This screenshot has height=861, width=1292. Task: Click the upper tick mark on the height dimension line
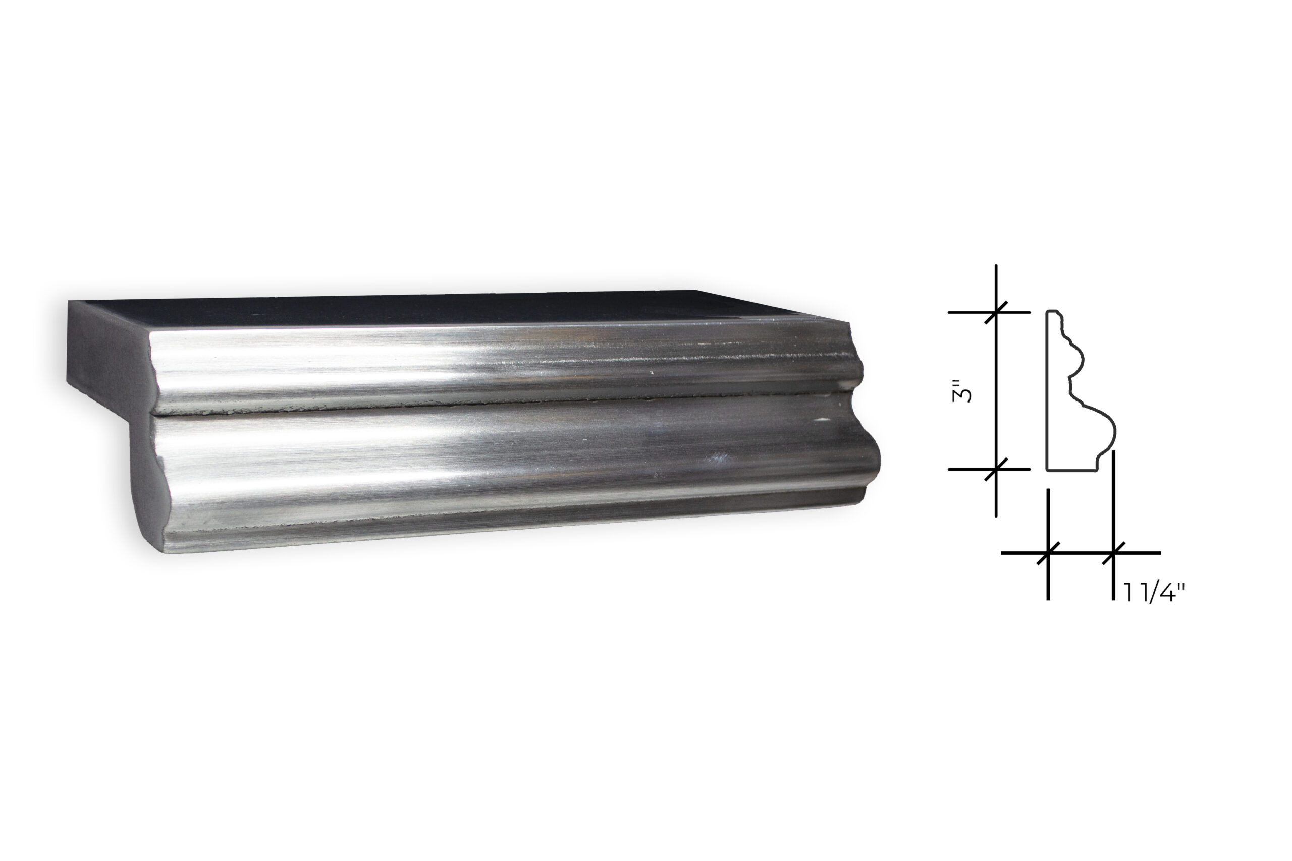996,312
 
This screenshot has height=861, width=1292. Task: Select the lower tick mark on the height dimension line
996,469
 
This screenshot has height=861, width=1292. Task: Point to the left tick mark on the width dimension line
1048,553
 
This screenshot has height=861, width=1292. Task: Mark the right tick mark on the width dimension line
1113,553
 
